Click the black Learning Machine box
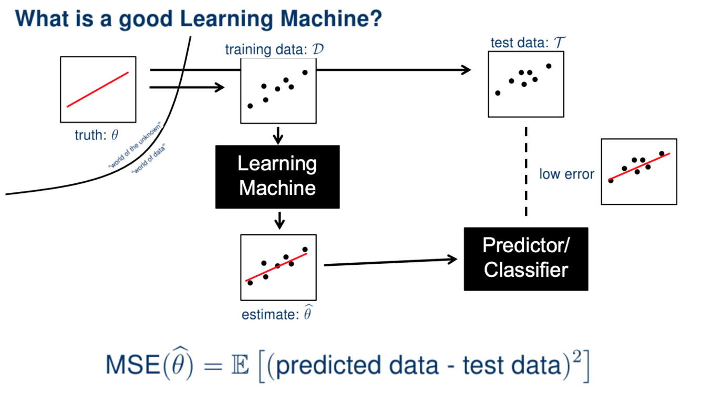(x=277, y=177)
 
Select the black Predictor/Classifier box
(x=525, y=259)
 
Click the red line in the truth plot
(x=98, y=89)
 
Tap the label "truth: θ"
(x=96, y=135)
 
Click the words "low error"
(x=566, y=174)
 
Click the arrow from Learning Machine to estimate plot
(x=280, y=220)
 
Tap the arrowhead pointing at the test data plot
(x=465, y=69)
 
